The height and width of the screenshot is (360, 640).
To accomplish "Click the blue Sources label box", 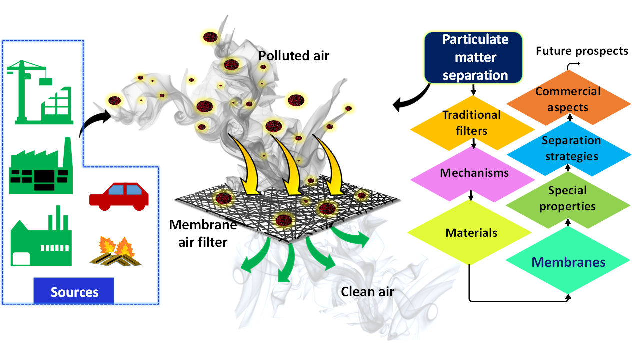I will click(x=74, y=291).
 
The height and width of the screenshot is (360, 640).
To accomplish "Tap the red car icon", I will click(x=119, y=195).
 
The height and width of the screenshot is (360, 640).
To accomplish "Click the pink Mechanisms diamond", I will click(x=474, y=173).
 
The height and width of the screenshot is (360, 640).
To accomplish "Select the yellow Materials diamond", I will click(x=471, y=233).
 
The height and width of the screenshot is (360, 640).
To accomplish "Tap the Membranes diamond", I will click(x=568, y=262).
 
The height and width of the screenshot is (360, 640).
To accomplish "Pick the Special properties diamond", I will click(x=567, y=198).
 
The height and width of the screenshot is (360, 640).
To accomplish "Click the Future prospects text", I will click(x=582, y=51).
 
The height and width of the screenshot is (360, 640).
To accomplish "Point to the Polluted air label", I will click(x=294, y=55).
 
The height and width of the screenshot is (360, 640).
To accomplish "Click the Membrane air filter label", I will click(x=198, y=233).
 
